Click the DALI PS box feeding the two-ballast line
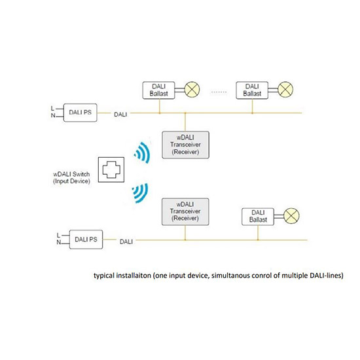(x=80, y=113)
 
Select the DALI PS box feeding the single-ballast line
(x=86, y=240)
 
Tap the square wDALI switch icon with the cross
(x=111, y=170)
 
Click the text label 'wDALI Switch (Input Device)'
(x=71, y=177)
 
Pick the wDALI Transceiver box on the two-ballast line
(x=185, y=145)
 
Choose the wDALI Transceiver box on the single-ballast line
(x=185, y=211)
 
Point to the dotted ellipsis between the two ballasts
(x=219, y=92)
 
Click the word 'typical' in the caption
(x=104, y=276)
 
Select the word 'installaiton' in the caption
(x=134, y=276)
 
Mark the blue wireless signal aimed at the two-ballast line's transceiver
(x=142, y=153)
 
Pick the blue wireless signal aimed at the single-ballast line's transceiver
(x=140, y=193)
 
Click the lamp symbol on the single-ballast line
(x=291, y=216)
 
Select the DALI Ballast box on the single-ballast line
(x=258, y=217)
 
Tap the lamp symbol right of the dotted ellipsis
(x=285, y=89)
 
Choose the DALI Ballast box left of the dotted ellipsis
(x=158, y=90)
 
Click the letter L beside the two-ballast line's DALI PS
(x=52, y=108)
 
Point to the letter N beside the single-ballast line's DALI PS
(x=59, y=242)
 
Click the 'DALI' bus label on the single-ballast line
(x=126, y=242)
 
